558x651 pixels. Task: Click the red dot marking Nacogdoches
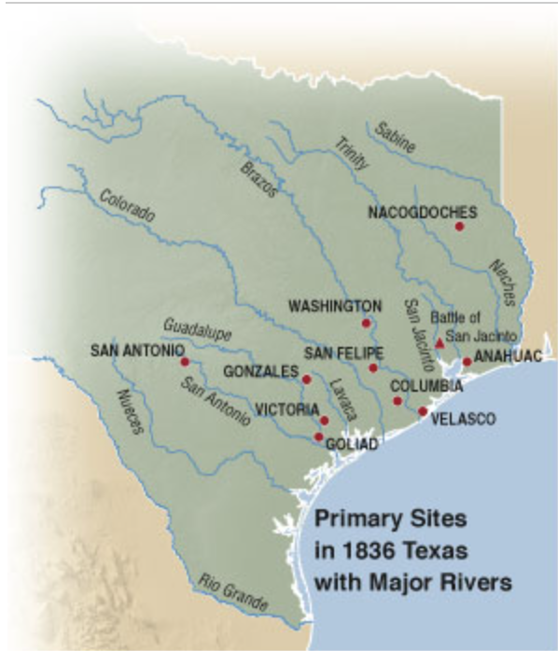[459, 227]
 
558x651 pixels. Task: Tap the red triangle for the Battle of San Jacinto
[440, 344]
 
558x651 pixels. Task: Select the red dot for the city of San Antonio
[185, 362]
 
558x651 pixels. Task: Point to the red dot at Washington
[366, 324]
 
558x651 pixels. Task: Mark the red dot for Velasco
[423, 411]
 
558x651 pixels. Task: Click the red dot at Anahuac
[467, 362]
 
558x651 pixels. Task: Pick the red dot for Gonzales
[306, 379]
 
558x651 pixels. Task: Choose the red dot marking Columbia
[398, 401]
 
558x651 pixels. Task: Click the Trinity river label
[352, 152]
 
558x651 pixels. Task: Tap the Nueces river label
[129, 411]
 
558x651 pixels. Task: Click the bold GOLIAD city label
[352, 445]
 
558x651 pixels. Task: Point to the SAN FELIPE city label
[344, 353]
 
